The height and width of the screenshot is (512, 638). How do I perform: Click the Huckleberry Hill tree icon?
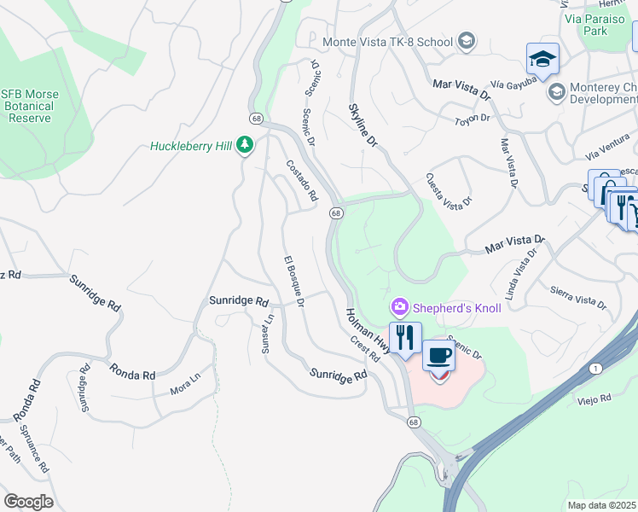246,146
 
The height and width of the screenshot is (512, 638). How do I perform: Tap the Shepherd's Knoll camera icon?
399,306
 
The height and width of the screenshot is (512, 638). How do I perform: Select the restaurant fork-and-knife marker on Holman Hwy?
405,336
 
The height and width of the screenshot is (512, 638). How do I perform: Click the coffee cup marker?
438,354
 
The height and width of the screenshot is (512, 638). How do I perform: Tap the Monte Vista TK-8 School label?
389,41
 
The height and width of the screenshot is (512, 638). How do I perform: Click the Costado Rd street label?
301,181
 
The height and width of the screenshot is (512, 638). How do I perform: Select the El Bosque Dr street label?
293,281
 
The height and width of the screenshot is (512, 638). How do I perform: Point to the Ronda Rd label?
131,371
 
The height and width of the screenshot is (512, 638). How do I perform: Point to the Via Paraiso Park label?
583,24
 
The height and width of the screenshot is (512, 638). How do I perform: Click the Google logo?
28,501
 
